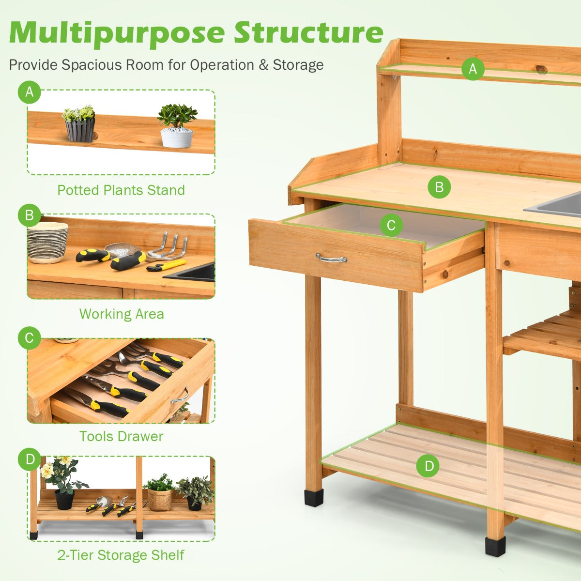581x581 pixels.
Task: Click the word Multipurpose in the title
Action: tap(117, 34)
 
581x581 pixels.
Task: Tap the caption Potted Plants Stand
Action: tap(121, 190)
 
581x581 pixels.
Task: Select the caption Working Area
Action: tap(122, 314)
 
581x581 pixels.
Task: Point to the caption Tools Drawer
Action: tap(121, 436)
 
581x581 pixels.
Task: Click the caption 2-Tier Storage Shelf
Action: tap(121, 555)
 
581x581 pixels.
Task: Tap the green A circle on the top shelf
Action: tap(473, 69)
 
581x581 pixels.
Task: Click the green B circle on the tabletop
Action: tap(439, 187)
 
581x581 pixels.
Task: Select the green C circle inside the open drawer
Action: tap(391, 225)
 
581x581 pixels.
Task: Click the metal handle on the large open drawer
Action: tap(331, 258)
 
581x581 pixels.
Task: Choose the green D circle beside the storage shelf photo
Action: tap(29, 459)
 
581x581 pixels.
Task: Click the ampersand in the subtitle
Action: tap(263, 65)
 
